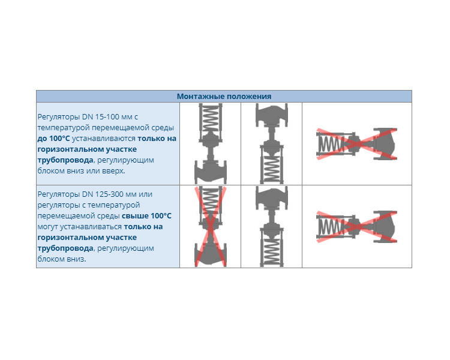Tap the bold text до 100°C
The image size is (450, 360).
[x=53, y=139]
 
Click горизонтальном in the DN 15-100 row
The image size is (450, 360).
[x=70, y=149]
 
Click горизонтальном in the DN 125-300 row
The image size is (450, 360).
[x=70, y=238]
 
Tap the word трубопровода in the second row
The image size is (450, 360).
[x=65, y=248]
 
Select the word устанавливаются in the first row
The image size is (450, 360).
[x=104, y=139]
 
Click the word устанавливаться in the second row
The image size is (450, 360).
[x=80, y=227]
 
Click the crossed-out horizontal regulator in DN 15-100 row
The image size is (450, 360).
[x=357, y=144]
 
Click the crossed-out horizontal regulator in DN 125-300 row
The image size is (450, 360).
[x=357, y=227]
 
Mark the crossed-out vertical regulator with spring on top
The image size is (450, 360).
[x=211, y=227]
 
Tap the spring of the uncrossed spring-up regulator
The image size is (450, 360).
[x=211, y=118]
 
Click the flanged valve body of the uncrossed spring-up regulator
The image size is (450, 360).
[x=211, y=172]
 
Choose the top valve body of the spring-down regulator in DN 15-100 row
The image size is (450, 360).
[x=271, y=115]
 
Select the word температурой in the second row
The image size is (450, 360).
[x=113, y=205]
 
